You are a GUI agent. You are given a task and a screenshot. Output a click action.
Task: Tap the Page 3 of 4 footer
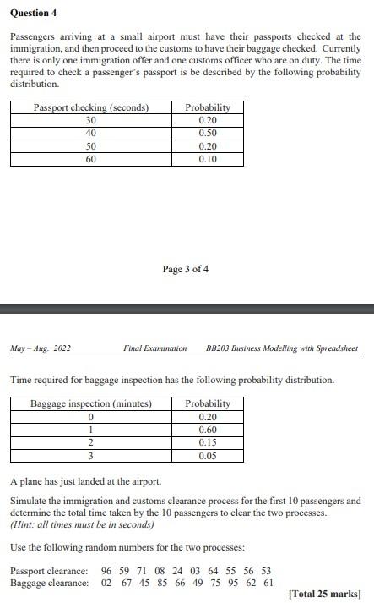coord(186,269)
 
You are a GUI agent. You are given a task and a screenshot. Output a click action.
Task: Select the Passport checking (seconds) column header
coord(91,107)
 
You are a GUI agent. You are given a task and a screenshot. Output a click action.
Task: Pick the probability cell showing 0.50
coord(207,133)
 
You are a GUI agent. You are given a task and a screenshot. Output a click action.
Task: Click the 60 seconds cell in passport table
coord(91,159)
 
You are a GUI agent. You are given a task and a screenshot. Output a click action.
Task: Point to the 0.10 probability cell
coord(207,159)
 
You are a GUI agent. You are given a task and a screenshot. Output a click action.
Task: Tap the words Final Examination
coord(154,348)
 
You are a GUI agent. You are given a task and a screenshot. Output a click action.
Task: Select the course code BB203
coord(219,348)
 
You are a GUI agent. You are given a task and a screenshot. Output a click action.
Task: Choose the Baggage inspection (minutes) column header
coord(91,403)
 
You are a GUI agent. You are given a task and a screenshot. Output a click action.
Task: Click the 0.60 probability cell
coord(207,430)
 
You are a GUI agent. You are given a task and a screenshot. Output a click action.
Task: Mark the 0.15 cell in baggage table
coord(207,442)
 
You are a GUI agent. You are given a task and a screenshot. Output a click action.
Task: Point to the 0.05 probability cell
coord(207,456)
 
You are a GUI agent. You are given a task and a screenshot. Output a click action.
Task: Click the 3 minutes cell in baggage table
coord(91,456)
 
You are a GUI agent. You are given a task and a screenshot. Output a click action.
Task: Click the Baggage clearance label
coord(48,583)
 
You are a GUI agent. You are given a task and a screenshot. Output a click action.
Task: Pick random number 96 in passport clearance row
coord(106,571)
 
